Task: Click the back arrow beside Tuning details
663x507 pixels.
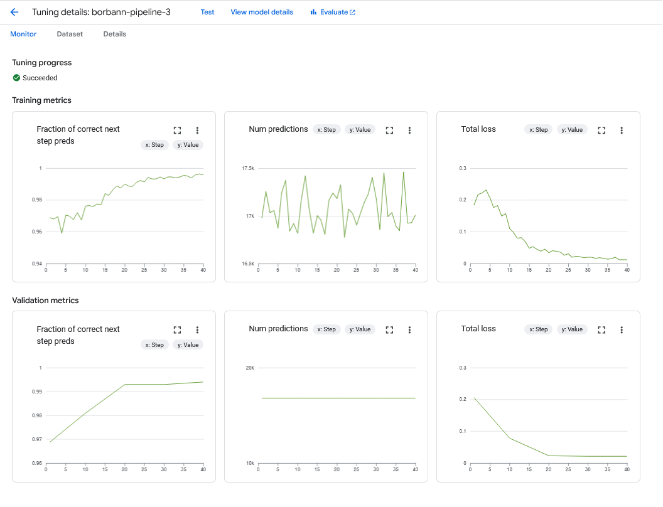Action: (x=14, y=12)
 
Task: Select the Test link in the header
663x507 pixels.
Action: (x=207, y=12)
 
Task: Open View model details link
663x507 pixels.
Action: (x=262, y=12)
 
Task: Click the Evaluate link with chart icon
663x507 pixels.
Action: (x=333, y=12)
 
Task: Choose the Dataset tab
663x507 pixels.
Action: (x=70, y=34)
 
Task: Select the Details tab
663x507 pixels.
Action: (x=115, y=34)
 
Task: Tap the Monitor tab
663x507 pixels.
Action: (x=23, y=34)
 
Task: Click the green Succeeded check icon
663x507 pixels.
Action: (x=16, y=78)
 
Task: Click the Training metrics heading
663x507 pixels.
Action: (x=41, y=100)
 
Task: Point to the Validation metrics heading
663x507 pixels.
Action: (x=45, y=301)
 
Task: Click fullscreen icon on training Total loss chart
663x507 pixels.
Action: (x=601, y=130)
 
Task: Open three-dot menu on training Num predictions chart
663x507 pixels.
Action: (x=409, y=130)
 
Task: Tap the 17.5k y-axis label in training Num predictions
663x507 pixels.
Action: (x=248, y=169)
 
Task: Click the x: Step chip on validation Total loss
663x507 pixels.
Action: (x=539, y=329)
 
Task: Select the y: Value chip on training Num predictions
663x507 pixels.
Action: (x=360, y=130)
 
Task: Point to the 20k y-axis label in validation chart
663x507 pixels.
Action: (x=250, y=368)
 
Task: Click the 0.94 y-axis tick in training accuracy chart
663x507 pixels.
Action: (x=36, y=264)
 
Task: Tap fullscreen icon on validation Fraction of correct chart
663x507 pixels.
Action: (x=177, y=329)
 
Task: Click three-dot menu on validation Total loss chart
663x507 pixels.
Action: (x=622, y=329)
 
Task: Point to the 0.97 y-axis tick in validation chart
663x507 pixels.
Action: (x=36, y=439)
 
